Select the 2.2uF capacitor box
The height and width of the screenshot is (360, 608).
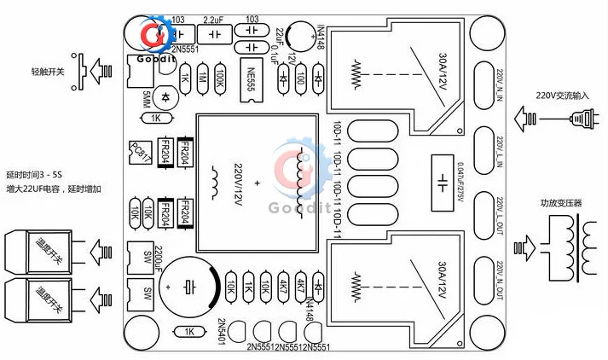pyautogui.click(x=213, y=33)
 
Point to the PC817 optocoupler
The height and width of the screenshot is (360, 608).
pyautogui.click(x=139, y=152)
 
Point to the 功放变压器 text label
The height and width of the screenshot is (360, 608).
pyautogui.click(x=560, y=203)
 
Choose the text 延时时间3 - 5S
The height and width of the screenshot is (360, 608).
pyautogui.click(x=41, y=173)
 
